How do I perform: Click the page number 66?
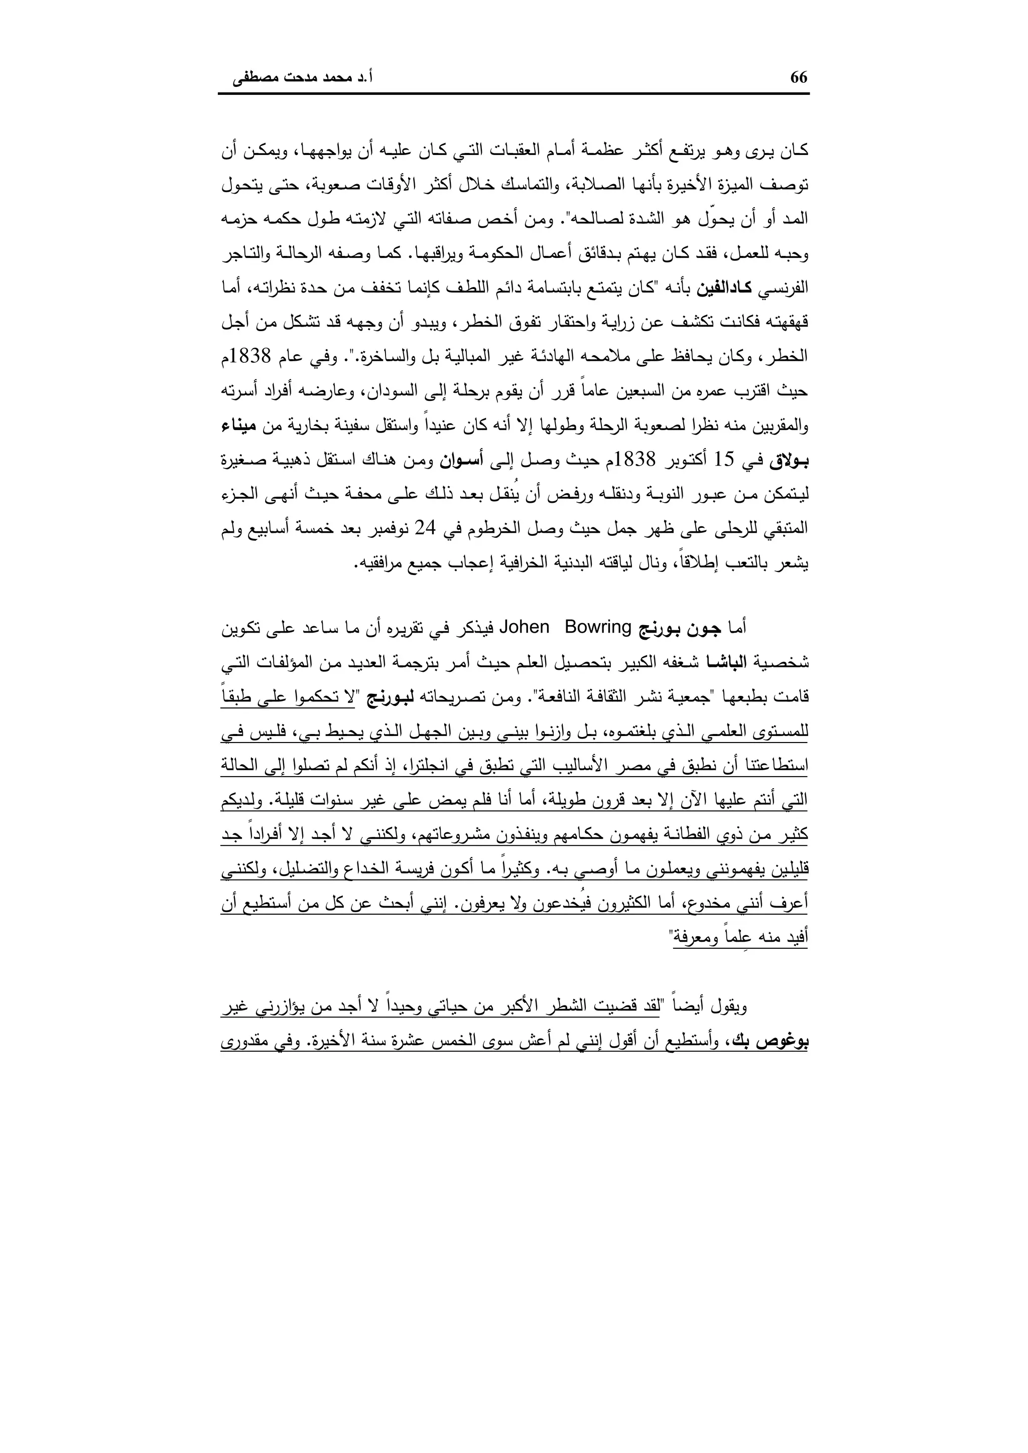(799, 77)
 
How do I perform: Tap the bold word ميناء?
(789, 426)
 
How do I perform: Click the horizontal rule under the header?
(513, 94)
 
